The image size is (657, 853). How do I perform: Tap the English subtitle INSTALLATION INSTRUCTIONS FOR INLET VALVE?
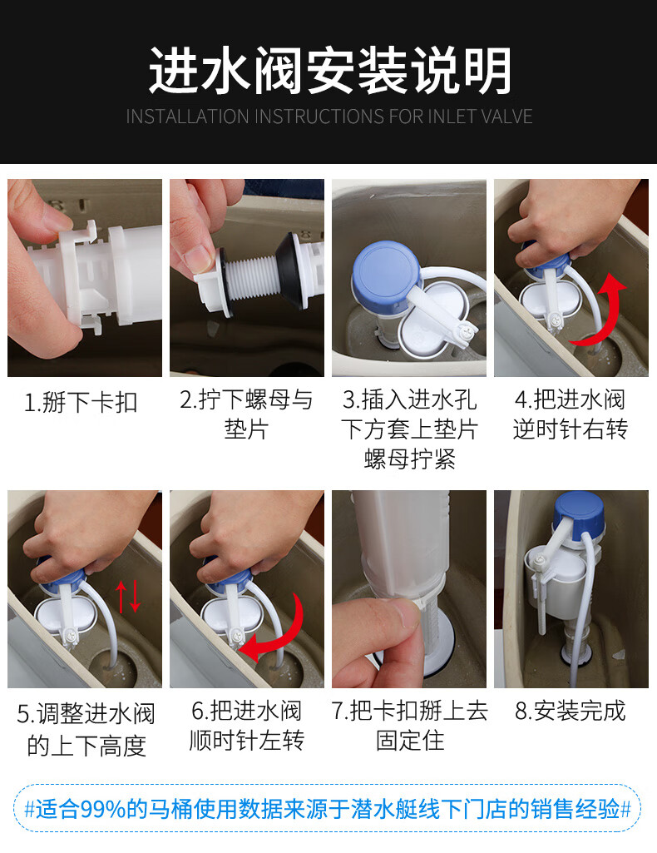pos(328,117)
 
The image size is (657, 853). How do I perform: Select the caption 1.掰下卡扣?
pos(81,403)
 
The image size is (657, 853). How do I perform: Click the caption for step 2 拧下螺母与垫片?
pos(246,414)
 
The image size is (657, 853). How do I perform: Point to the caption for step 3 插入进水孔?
pos(409,429)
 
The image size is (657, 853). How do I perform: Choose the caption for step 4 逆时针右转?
pos(570,414)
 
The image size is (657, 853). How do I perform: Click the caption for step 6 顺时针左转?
pos(246,726)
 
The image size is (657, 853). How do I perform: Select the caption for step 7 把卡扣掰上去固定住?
pos(409,726)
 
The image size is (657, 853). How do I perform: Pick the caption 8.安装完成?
pos(570,712)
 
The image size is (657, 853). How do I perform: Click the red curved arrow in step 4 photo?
pos(601,311)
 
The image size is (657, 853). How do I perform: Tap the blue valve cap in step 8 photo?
pos(579,509)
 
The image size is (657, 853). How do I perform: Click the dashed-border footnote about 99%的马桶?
pos(328,808)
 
